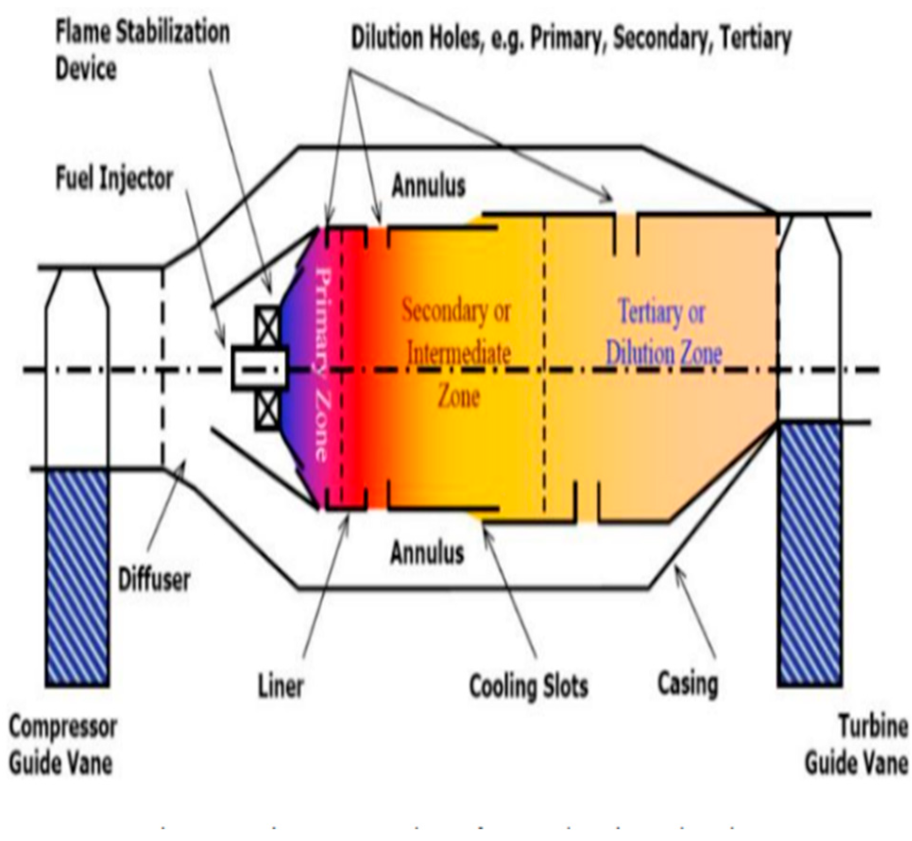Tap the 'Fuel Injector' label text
click(114, 179)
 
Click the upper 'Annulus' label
click(428, 186)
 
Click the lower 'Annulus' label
click(427, 552)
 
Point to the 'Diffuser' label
click(154, 579)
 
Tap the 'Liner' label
click(281, 685)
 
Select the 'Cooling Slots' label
click(528, 686)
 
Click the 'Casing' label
click(688, 683)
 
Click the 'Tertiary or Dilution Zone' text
click(663, 333)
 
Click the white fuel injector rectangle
click(259, 369)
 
